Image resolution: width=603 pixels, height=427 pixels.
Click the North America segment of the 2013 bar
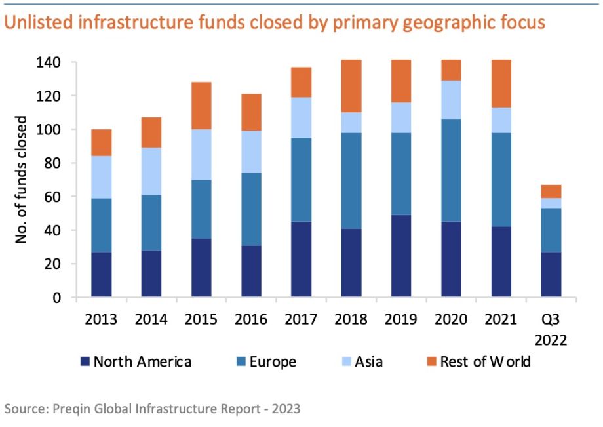[101, 275]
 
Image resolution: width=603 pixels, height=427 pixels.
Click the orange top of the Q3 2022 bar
[551, 192]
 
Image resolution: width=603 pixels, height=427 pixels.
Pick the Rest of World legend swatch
[431, 362]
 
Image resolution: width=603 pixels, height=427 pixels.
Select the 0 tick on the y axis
[56, 298]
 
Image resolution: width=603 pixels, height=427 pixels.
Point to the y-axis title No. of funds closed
[22, 180]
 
